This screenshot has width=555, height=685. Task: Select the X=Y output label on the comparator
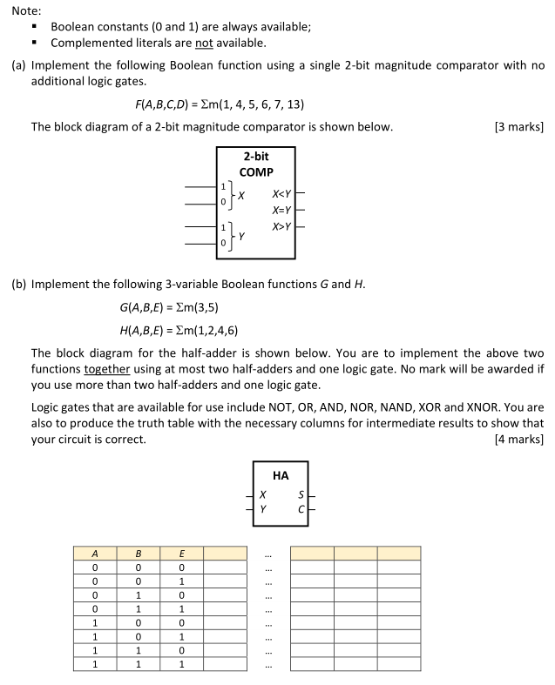[x=281, y=210]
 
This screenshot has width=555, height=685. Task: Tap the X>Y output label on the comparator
[x=281, y=226]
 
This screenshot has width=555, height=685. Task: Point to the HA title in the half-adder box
[x=281, y=475]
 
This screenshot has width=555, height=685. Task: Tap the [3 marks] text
[x=518, y=127]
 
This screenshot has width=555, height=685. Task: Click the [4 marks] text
[x=518, y=439]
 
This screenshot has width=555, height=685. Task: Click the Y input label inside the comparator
[x=241, y=235]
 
